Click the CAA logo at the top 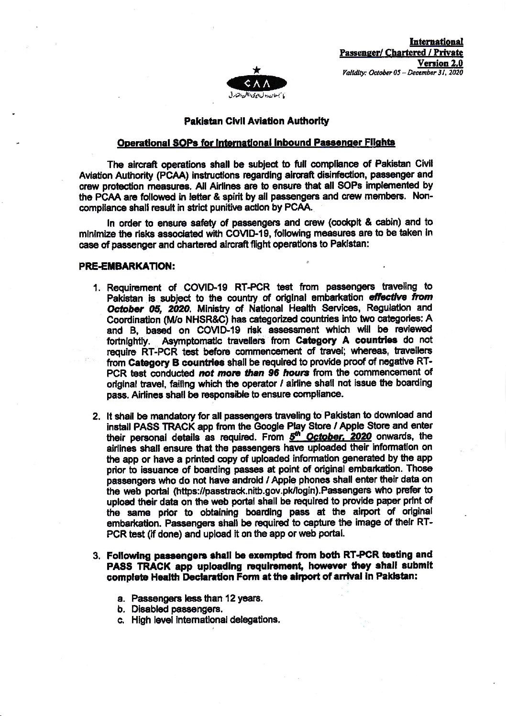pos(256,85)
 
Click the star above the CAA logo pos(257,70)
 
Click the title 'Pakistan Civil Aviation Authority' pos(256,122)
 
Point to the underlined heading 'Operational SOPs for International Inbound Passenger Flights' pos(256,142)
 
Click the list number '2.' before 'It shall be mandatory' pos(96,415)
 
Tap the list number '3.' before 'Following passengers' pos(96,556)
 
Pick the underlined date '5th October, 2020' pos(330,436)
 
